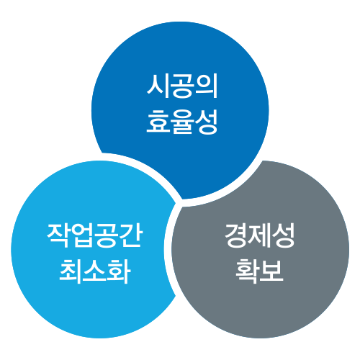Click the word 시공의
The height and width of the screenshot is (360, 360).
182,86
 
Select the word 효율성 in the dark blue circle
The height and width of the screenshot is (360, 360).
182,122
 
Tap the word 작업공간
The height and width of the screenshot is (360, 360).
94,235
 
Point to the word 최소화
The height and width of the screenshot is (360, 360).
95,271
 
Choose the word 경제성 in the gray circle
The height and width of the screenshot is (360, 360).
260,235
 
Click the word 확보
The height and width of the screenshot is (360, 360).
260,271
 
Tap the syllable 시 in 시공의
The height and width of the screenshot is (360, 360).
158,86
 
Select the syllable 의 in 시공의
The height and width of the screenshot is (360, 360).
207,86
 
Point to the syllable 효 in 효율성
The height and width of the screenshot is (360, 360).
158,122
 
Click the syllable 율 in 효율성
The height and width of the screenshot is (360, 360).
182,122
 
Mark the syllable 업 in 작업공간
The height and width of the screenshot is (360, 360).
82,235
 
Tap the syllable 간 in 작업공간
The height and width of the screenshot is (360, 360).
132,235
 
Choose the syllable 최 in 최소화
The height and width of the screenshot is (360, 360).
71,271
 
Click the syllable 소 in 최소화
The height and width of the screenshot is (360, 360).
95,271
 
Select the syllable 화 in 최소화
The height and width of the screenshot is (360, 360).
120,271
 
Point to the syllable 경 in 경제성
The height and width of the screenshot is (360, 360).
235,235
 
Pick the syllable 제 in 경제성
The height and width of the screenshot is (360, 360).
260,235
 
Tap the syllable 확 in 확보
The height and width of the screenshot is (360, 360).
248,271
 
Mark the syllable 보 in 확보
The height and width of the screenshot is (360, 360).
272,271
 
